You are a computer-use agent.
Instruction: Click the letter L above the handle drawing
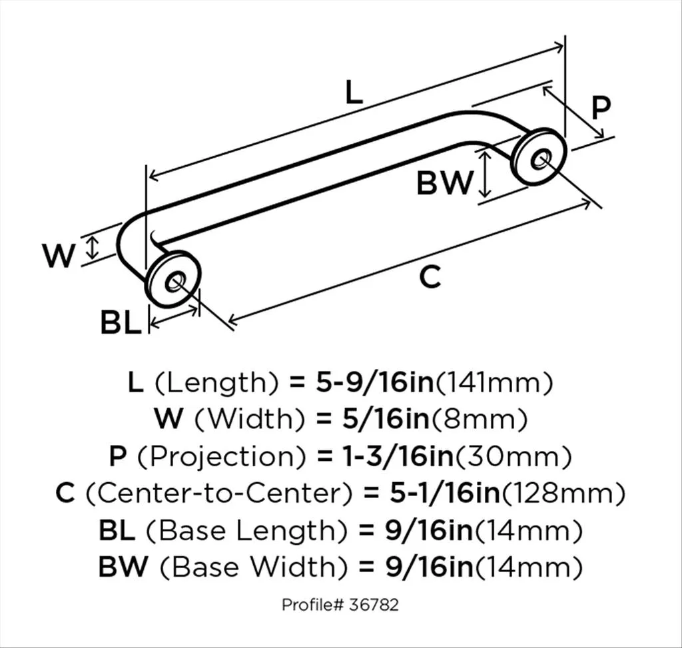(354, 92)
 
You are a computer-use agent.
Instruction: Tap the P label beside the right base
(601, 107)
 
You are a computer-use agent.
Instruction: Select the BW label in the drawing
(444, 182)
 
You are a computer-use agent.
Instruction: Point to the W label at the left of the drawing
(59, 256)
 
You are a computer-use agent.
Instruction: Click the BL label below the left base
(121, 322)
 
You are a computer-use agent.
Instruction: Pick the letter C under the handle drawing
(430, 277)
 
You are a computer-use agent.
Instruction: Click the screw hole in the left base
(174, 282)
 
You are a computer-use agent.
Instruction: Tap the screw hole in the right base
(540, 159)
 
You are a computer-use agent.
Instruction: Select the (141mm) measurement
(494, 383)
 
